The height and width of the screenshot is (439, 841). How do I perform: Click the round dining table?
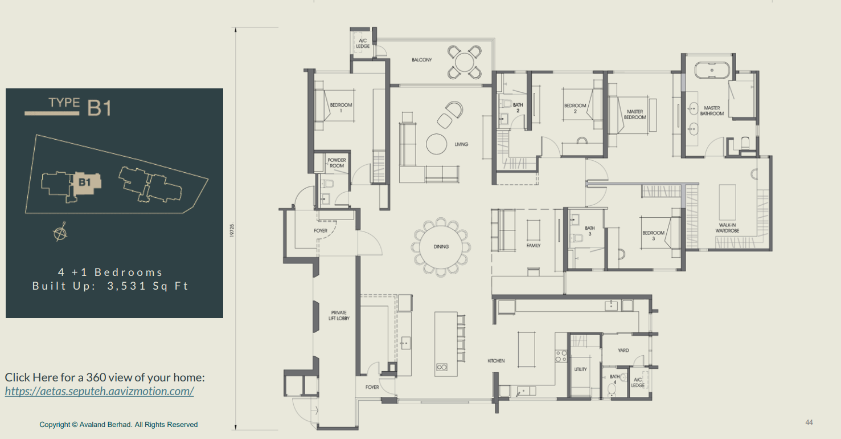pos(441,247)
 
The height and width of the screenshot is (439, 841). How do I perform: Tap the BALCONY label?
pos(422,60)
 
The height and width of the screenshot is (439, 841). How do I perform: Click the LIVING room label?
pos(461,144)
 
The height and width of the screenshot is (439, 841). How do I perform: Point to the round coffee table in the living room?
pos(437,144)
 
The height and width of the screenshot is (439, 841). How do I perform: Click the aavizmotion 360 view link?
pos(99,391)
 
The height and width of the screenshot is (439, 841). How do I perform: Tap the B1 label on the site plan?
pos(85,182)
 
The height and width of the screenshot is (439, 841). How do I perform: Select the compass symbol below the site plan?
pos(59,233)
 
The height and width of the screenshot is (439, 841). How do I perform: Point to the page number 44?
pos(809,422)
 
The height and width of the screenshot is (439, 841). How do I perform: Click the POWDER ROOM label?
pos(337,163)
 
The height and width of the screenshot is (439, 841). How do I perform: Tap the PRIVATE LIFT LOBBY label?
pos(339,315)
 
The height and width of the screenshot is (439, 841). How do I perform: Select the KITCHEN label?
pos(496,361)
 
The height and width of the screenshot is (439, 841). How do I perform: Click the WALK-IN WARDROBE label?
pos(728,228)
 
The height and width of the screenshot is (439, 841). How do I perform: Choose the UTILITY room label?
pos(580,369)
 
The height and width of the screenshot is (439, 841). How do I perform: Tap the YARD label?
pos(623,351)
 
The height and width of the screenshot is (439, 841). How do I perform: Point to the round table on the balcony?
pos(465,61)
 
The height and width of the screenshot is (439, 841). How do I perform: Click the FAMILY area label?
pos(533,246)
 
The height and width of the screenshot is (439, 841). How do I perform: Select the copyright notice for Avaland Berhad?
pos(118,425)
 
